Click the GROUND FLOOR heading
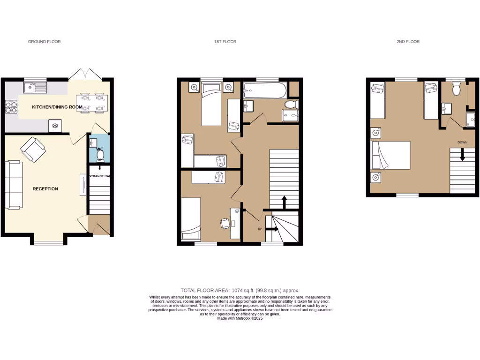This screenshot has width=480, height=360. point(44,42)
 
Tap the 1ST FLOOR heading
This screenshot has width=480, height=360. point(225,42)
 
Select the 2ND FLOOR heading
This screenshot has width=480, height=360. point(408,42)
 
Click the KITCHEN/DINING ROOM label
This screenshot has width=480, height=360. point(57,107)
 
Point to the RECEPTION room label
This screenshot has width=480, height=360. point(45,189)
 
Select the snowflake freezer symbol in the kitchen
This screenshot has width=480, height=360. point(55,126)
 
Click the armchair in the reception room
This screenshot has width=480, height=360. point(33,150)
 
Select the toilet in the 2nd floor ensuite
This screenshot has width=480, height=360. point(456,89)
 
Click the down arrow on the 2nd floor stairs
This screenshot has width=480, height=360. point(462,155)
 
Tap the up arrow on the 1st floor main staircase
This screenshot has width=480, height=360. point(284,202)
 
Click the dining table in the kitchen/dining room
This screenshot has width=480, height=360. point(92,103)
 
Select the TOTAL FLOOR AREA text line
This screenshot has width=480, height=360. point(240,291)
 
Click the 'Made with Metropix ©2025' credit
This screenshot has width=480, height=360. point(240,318)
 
